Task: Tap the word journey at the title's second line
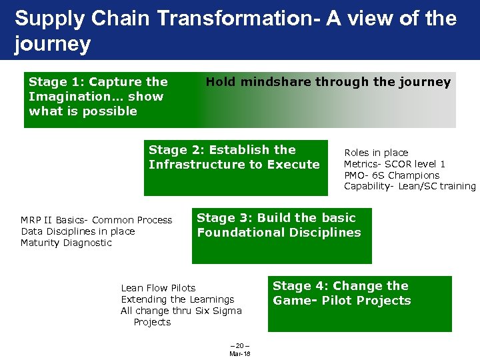click(x=52, y=45)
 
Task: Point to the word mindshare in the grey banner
click(x=276, y=82)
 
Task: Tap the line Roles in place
click(x=376, y=153)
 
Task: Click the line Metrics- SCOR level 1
click(x=395, y=164)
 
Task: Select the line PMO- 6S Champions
click(x=392, y=175)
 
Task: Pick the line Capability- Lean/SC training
click(x=409, y=187)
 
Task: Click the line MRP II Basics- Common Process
click(x=96, y=220)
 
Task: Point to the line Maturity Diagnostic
click(x=66, y=243)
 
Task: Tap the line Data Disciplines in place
click(x=77, y=231)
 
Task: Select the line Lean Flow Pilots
click(x=158, y=288)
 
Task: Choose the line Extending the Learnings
click(x=177, y=299)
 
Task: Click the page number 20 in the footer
click(x=239, y=346)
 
